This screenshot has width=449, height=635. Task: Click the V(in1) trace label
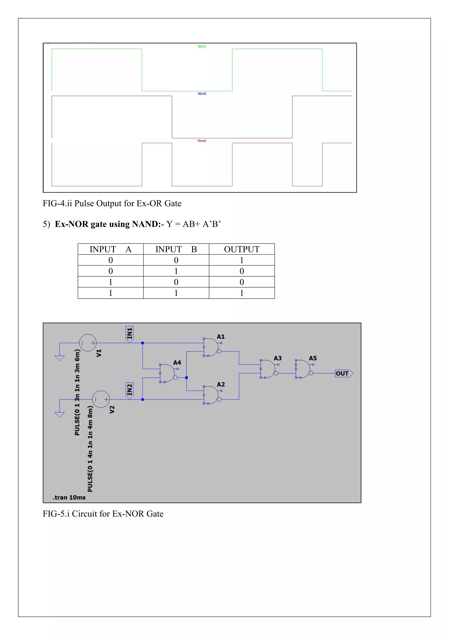(202, 46)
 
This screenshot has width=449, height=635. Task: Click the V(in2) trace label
(202, 93)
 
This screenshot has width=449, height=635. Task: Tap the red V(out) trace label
(201, 141)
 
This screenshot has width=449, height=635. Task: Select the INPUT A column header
(110, 249)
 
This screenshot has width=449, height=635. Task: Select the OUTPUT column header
(242, 249)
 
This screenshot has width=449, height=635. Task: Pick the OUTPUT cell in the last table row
(242, 293)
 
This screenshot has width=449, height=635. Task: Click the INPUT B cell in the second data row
(176, 271)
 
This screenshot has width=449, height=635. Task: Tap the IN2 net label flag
(129, 390)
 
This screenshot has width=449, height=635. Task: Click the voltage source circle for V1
(88, 343)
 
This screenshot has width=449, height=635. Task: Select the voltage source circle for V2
(101, 399)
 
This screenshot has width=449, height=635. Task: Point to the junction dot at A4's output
(187, 378)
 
